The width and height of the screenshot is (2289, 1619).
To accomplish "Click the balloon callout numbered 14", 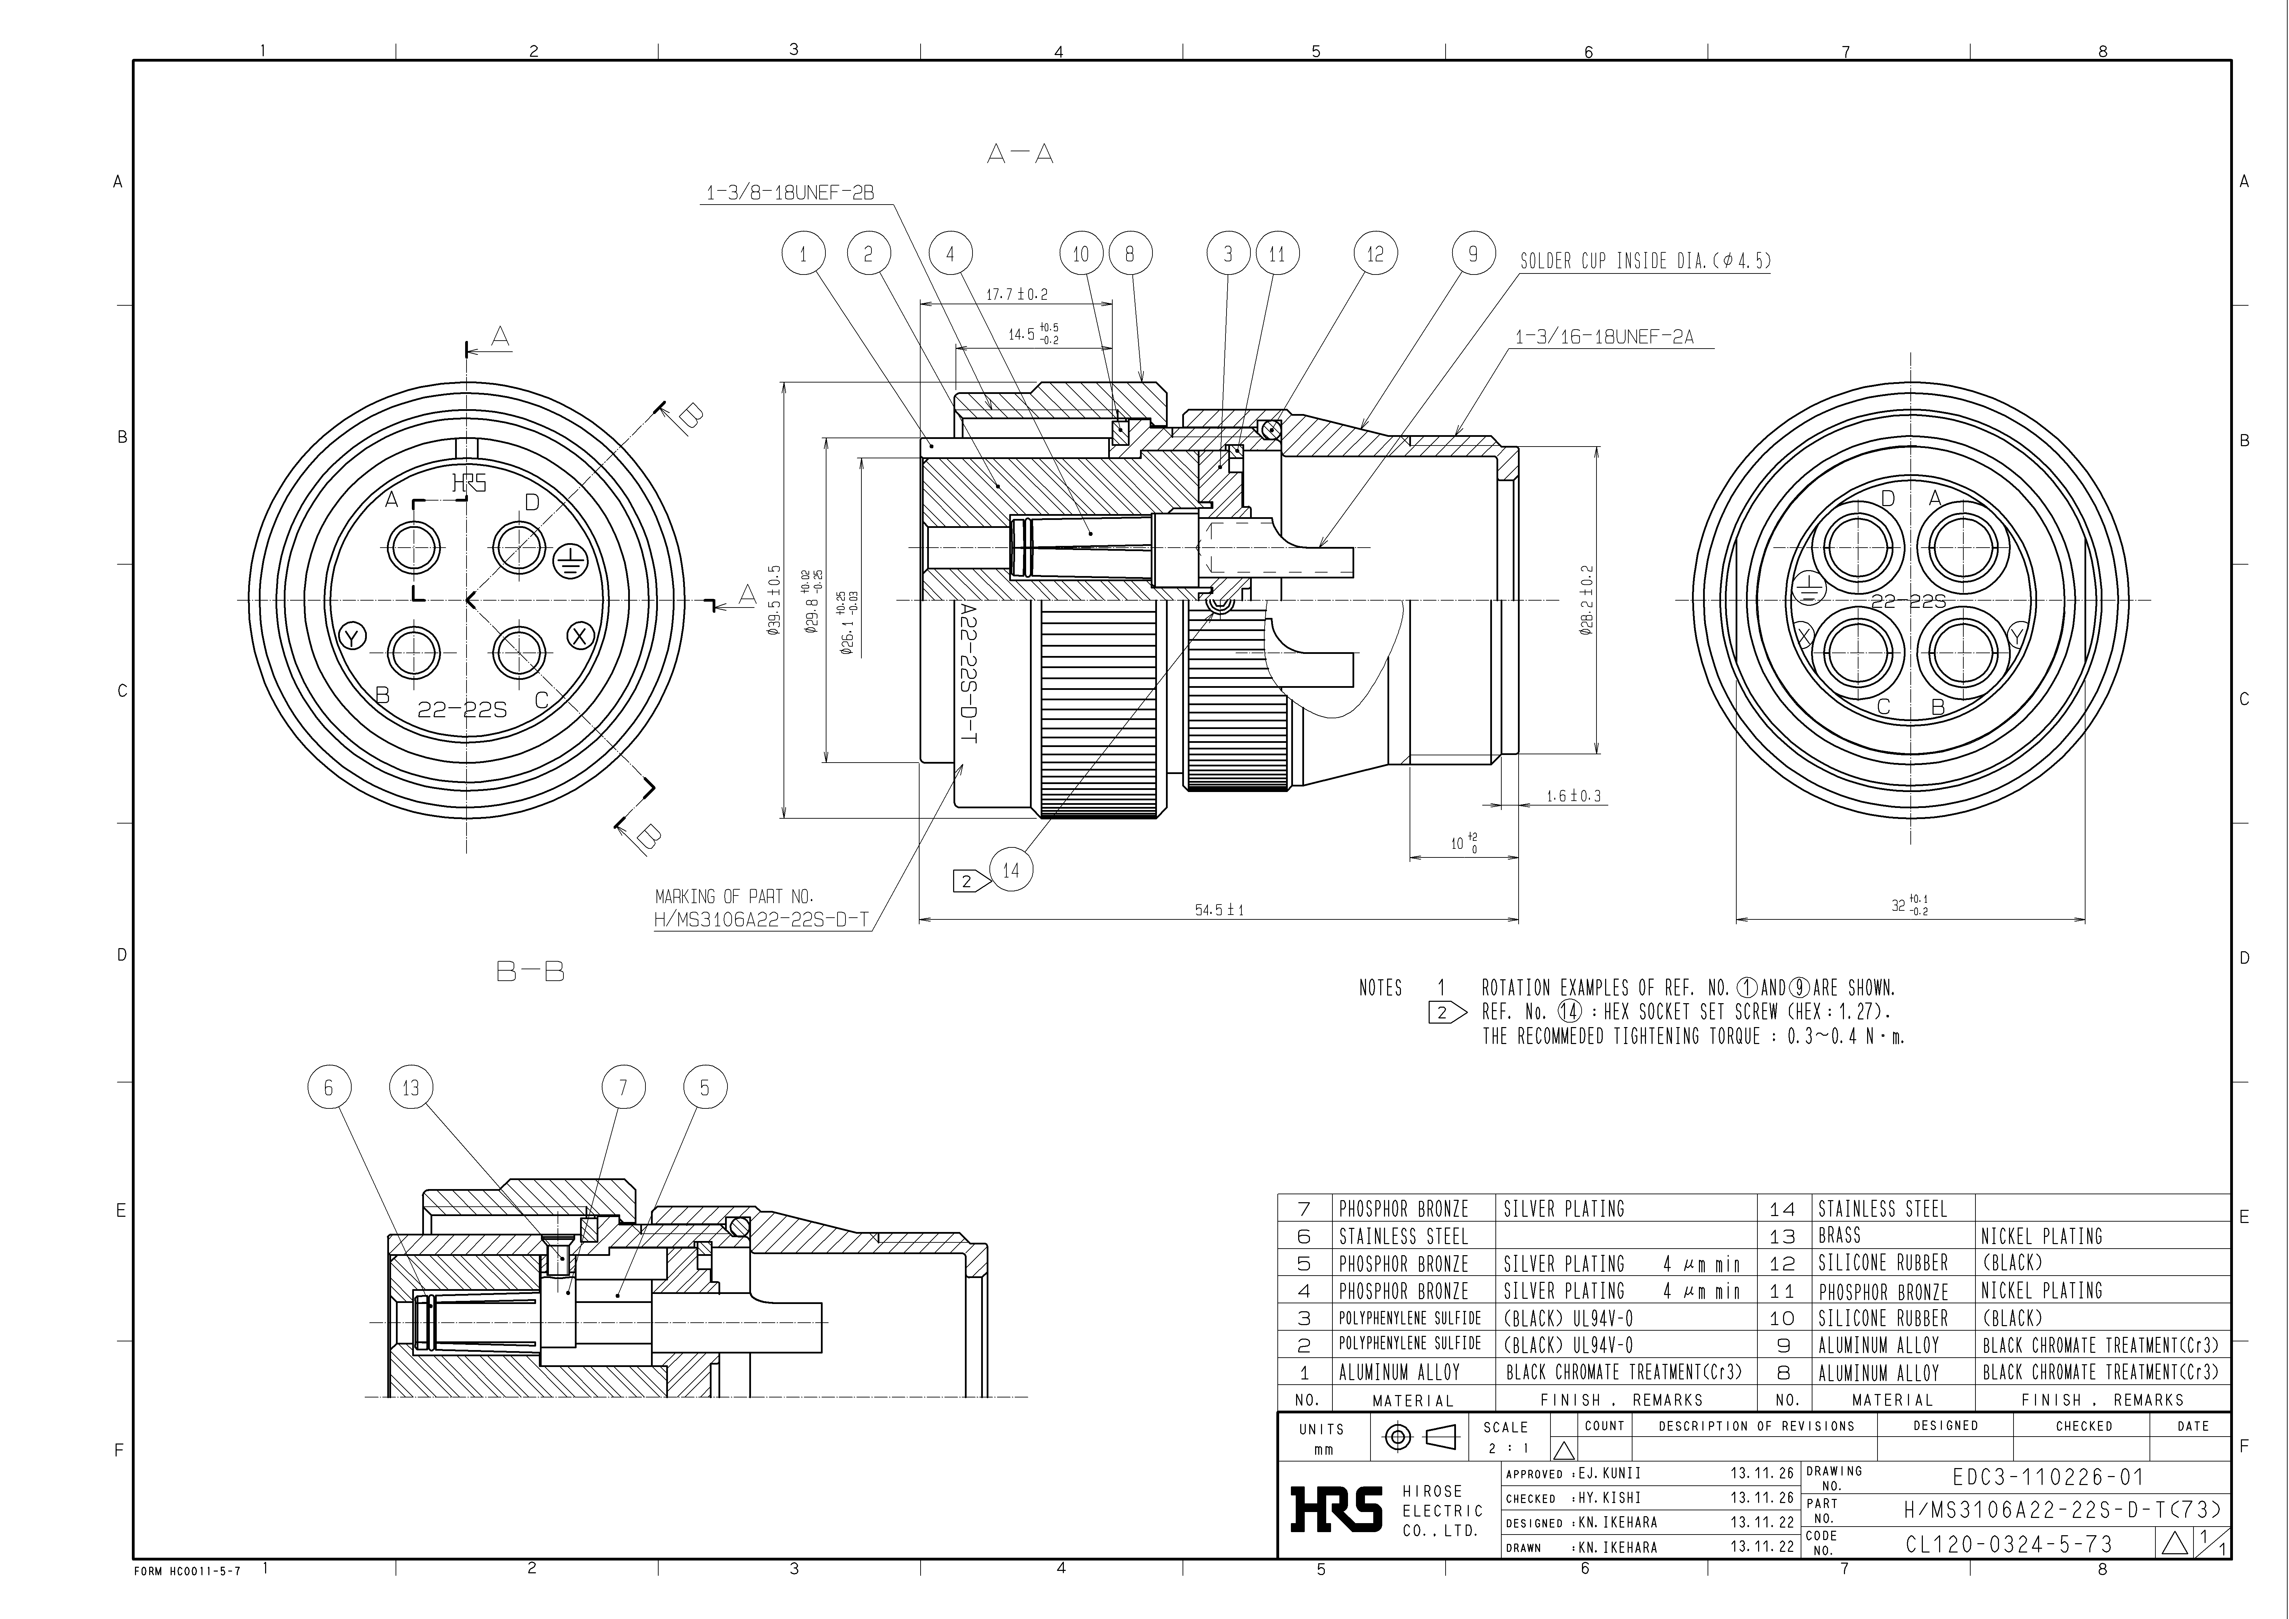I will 1011,870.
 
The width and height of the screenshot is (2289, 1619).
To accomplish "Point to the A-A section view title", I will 1020,154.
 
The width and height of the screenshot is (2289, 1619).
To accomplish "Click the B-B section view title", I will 531,971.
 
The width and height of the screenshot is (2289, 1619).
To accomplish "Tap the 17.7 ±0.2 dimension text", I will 1017,295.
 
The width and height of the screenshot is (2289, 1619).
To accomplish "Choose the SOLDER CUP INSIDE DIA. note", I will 1645,261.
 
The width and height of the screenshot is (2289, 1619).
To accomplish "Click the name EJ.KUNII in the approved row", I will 1609,1474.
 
